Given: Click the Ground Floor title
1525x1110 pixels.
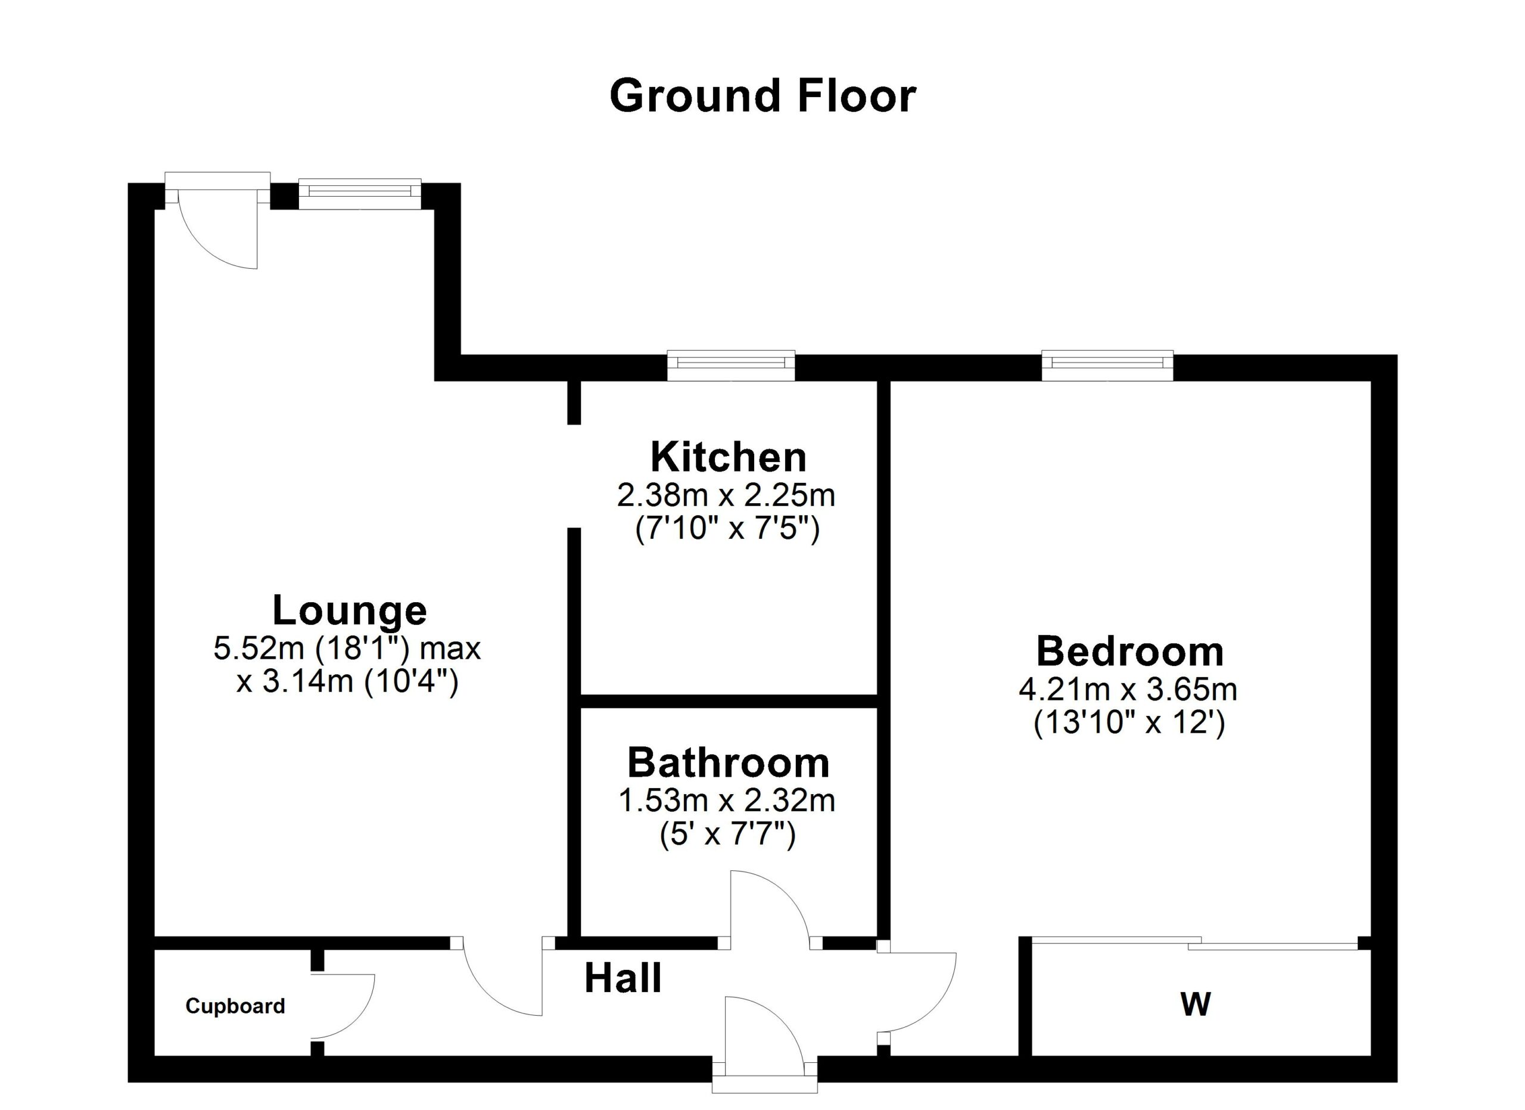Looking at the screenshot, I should pyautogui.click(x=762, y=96).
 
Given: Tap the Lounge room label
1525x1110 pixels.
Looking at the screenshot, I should pyautogui.click(x=349, y=610).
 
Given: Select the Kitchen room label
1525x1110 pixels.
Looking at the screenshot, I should pyautogui.click(x=727, y=457).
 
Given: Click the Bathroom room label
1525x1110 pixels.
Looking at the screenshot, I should pyautogui.click(x=727, y=763).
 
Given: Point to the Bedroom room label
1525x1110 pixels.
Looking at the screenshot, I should pyautogui.click(x=1129, y=651).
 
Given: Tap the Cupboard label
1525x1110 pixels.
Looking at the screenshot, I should pyautogui.click(x=235, y=1006).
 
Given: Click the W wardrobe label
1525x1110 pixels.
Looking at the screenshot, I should pyautogui.click(x=1196, y=1004).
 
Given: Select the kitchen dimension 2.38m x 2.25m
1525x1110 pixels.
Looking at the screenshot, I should pyautogui.click(x=726, y=496).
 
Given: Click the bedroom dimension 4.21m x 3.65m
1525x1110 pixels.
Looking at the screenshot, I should pyautogui.click(x=1128, y=690).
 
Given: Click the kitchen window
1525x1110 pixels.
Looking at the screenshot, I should pyautogui.click(x=731, y=363).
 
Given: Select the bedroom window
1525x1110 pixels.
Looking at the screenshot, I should pyautogui.click(x=1107, y=363).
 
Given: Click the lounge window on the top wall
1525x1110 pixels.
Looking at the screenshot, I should pyautogui.click(x=360, y=193).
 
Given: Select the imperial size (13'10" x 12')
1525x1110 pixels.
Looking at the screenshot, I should pyautogui.click(x=1129, y=723).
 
